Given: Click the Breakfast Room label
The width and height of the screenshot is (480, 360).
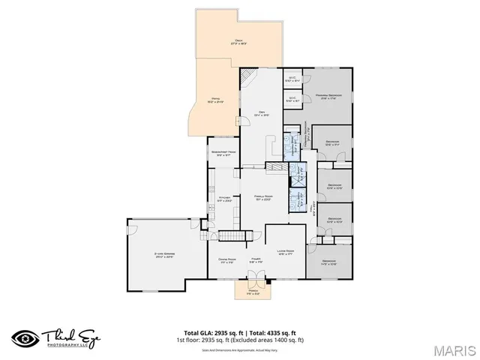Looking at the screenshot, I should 224,153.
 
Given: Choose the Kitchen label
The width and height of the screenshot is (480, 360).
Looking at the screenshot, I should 224,199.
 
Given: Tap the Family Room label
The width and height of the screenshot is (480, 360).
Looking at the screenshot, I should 262,197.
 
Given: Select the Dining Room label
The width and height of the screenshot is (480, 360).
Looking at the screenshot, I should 226,260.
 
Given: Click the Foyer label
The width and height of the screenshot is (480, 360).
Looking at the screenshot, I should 256,260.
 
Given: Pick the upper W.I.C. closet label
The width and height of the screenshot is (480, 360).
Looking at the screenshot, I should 293,78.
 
